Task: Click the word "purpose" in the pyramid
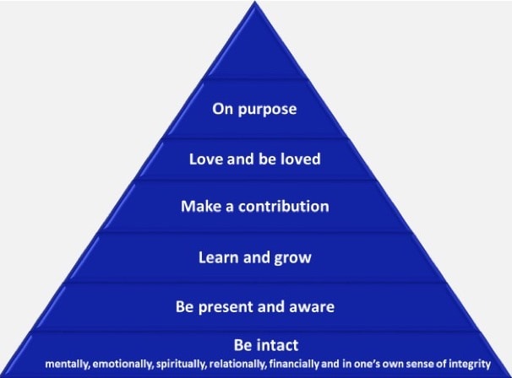(x=267, y=110)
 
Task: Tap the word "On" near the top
(x=222, y=109)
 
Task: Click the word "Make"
(x=201, y=206)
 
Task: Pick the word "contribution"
(x=283, y=206)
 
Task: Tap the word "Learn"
(x=218, y=257)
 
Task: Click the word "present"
(x=226, y=308)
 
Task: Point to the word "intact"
(x=278, y=345)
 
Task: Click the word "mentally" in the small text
(x=68, y=364)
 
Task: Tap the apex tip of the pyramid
(x=254, y=2)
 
